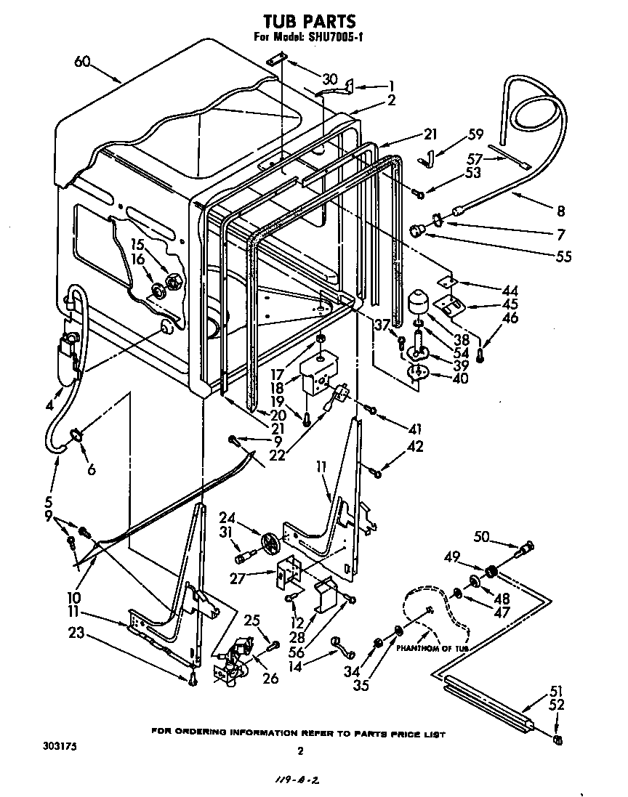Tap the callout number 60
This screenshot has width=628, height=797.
tap(82, 62)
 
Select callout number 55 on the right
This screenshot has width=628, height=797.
tap(563, 256)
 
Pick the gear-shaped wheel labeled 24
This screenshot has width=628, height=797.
tap(270, 541)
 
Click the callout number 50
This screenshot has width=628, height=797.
tap(481, 536)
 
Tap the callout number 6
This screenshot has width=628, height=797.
tap(91, 469)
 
